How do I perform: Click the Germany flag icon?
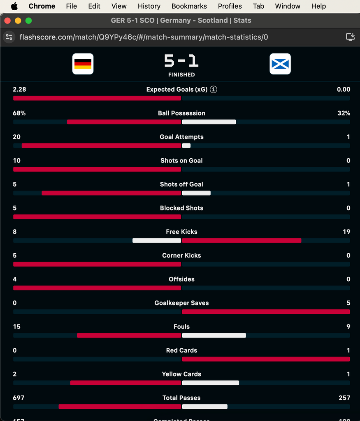83,64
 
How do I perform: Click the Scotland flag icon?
280,64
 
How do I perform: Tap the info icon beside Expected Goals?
214,90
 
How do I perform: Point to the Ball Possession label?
181,113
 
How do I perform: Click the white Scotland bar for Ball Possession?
209,122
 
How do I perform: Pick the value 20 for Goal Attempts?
16,137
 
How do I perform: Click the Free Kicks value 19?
346,232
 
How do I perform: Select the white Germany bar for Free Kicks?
157,241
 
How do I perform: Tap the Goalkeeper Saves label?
181,303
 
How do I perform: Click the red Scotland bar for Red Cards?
266,359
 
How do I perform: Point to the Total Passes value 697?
19,398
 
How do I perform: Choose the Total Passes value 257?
344,398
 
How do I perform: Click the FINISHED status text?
181,75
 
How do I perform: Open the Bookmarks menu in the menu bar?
189,6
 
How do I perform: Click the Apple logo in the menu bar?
14,6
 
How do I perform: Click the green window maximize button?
28,21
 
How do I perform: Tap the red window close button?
7,21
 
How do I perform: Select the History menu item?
149,6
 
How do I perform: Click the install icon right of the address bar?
350,37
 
